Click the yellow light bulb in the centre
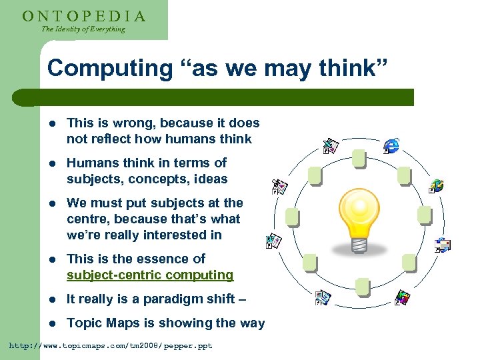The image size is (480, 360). pos(361,213)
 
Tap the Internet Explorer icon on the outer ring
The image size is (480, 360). pos(391,145)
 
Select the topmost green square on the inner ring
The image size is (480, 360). pos(359,159)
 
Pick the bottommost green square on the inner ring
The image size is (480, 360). pos(362,287)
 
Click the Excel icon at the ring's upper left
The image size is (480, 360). pos(331,146)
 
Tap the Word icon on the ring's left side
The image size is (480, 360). pos(273,241)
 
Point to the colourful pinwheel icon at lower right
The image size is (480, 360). pos(402,297)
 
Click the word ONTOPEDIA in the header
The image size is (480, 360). pos(83,15)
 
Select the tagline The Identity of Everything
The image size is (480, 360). pos(83,29)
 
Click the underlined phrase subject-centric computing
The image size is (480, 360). pos(150,275)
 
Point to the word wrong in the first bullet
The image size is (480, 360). pos(140,123)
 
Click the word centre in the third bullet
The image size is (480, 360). pos(88,219)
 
